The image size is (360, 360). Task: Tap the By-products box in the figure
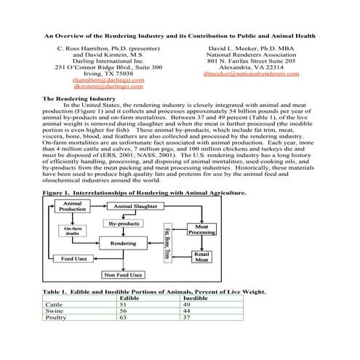click(x=123, y=225)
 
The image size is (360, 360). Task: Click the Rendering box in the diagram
click(x=123, y=244)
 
